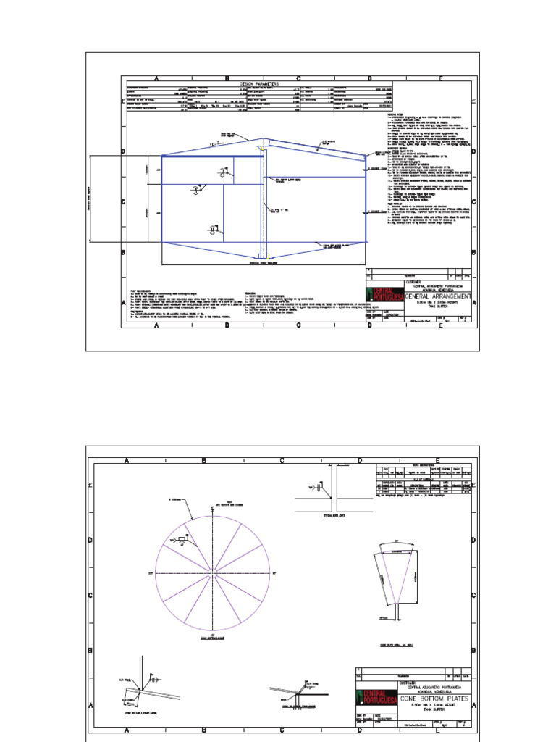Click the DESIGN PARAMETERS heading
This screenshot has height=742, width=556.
[x=259, y=84]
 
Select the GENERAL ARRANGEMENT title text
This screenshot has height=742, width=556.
[x=429, y=296]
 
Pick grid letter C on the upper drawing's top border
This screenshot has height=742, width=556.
[x=298, y=78]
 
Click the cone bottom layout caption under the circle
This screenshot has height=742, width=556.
[x=213, y=638]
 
